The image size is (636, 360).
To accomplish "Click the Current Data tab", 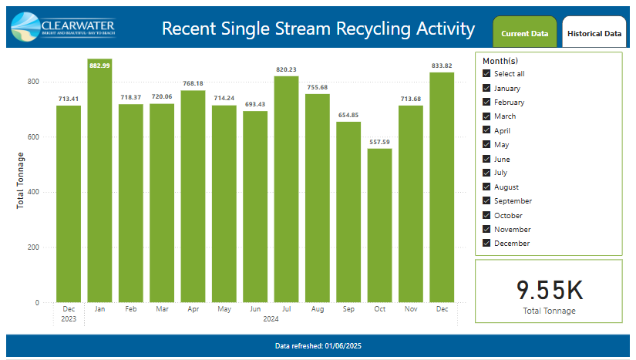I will click(524, 33).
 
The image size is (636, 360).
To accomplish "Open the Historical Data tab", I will click(594, 33).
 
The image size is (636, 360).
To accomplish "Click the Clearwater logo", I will click(63, 27).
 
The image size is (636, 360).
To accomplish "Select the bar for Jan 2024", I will click(99, 185).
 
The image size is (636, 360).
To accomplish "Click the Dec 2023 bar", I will click(69, 204).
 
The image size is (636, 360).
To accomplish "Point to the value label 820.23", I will click(286, 69).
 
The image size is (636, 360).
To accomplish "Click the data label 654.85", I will click(348, 115).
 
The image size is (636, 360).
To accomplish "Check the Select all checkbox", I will click(486, 74).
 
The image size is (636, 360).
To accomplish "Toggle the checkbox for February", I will click(486, 102).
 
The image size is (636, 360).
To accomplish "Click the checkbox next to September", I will click(486, 201).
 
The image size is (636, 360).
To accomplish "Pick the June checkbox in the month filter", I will click(486, 159).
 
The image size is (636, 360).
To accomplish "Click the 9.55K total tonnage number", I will click(549, 290).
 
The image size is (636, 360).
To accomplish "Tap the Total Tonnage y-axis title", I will click(21, 180).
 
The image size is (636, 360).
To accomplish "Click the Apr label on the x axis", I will click(193, 309).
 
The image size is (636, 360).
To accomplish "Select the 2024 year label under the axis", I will click(270, 318).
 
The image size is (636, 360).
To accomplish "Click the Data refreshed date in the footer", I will click(318, 346).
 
